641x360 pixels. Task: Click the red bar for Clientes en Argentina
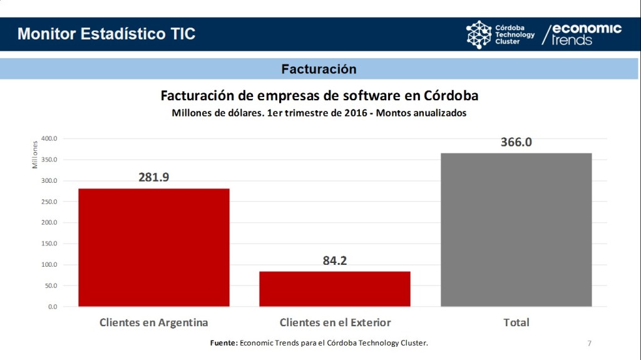[153, 247]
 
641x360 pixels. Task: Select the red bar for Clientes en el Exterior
[334, 289]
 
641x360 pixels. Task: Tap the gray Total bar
[516, 230]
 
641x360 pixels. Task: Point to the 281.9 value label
[154, 177]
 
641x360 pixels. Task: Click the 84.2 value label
[334, 260]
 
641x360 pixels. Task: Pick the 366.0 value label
[516, 142]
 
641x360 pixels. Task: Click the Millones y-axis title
[36, 154]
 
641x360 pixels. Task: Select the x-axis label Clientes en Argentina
[153, 322]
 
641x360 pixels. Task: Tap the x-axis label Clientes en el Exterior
[335, 322]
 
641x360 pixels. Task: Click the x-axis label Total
[516, 322]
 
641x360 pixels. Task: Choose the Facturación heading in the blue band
[319, 69]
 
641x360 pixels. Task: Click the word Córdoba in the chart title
[450, 96]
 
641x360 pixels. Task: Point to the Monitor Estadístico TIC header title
[106, 34]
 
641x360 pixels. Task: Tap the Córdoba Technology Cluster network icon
[479, 34]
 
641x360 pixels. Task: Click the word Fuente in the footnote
[223, 343]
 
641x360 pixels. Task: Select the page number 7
[589, 343]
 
